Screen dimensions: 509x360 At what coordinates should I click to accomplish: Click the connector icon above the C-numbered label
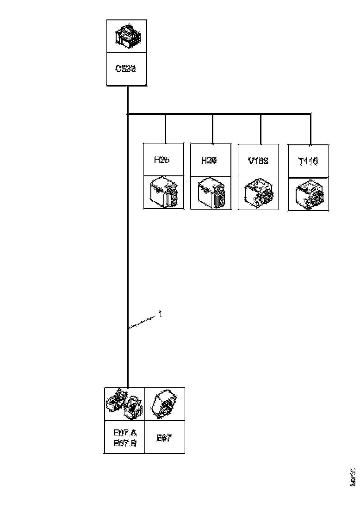(127, 36)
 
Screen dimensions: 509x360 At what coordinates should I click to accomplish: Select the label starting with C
(125, 69)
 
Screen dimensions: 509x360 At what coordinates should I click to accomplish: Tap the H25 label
(161, 160)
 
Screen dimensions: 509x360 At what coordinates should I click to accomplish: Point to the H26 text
(209, 160)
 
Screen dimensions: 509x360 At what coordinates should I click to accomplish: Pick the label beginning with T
(308, 161)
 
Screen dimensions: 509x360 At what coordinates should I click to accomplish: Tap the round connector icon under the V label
(259, 193)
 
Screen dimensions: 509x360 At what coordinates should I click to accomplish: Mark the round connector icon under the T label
(309, 194)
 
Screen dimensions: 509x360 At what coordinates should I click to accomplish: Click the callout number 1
(160, 314)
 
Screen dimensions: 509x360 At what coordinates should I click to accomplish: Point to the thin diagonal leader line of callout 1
(143, 322)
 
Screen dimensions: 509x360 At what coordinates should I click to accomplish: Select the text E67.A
(125, 433)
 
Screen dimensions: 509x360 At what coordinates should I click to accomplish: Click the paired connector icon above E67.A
(124, 403)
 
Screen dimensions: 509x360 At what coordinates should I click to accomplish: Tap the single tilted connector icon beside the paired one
(165, 404)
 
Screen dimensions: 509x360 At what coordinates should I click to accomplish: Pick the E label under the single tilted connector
(164, 438)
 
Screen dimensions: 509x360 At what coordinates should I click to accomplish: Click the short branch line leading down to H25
(166, 129)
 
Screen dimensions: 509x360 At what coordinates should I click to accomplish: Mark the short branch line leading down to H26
(213, 129)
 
